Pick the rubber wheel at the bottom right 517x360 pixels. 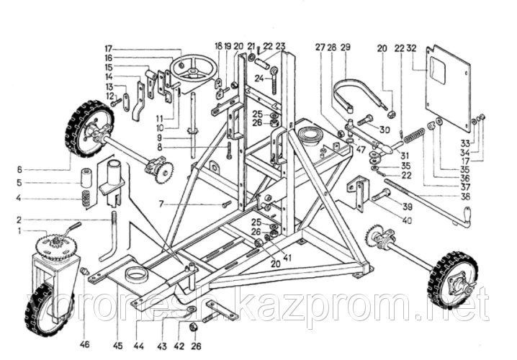(451, 277)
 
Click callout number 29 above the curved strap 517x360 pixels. (346, 49)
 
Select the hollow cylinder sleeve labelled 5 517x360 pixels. (86, 176)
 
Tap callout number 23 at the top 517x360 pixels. (280, 49)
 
